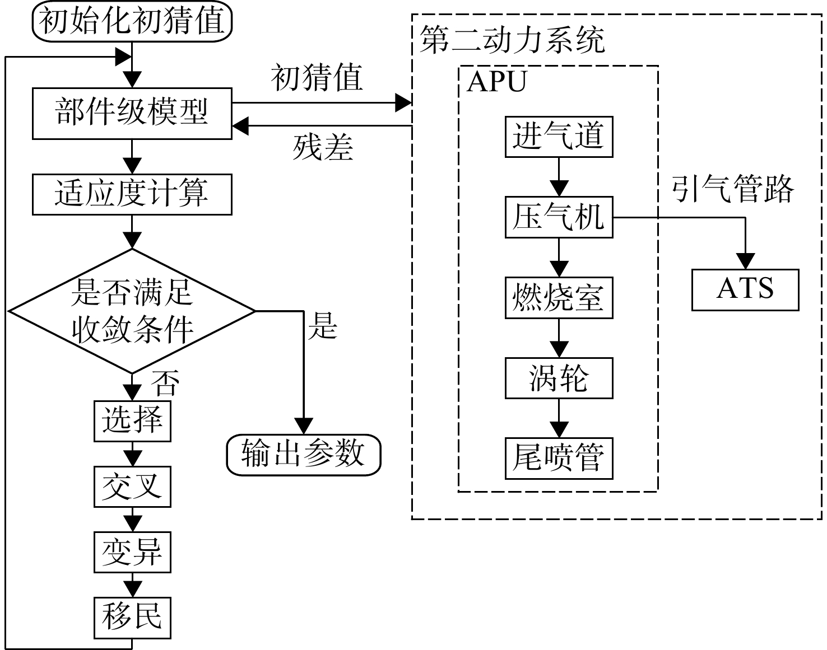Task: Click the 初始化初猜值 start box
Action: click(x=132, y=21)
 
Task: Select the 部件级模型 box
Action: click(x=132, y=113)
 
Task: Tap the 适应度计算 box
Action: click(x=132, y=194)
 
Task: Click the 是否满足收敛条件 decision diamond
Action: click(x=132, y=311)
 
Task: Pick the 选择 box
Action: click(x=132, y=421)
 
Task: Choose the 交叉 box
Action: click(x=132, y=487)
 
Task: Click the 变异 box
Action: click(x=132, y=552)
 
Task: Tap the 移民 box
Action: click(x=132, y=618)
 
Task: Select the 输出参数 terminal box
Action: click(x=304, y=455)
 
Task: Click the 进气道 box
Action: click(x=559, y=137)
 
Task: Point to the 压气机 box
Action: click(x=559, y=217)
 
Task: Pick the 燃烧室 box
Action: click(x=559, y=298)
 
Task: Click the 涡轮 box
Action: click(x=559, y=378)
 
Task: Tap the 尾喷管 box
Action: click(x=559, y=459)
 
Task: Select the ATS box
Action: click(x=745, y=290)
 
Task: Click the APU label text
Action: click(x=496, y=81)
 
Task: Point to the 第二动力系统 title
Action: click(x=512, y=40)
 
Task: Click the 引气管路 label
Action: click(x=732, y=189)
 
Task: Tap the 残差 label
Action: click(x=323, y=148)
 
